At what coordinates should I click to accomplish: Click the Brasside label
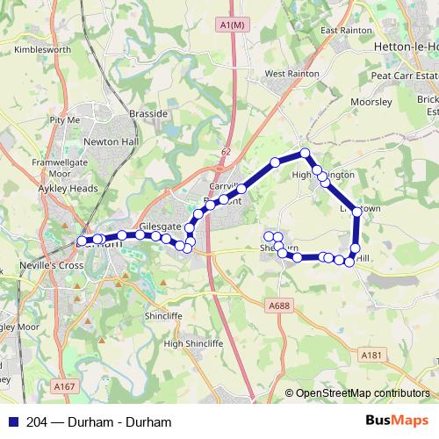(x=148, y=114)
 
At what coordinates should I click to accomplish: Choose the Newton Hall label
(x=106, y=140)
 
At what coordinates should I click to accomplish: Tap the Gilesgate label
(x=160, y=226)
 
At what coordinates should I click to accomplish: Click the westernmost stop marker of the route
(x=82, y=240)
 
